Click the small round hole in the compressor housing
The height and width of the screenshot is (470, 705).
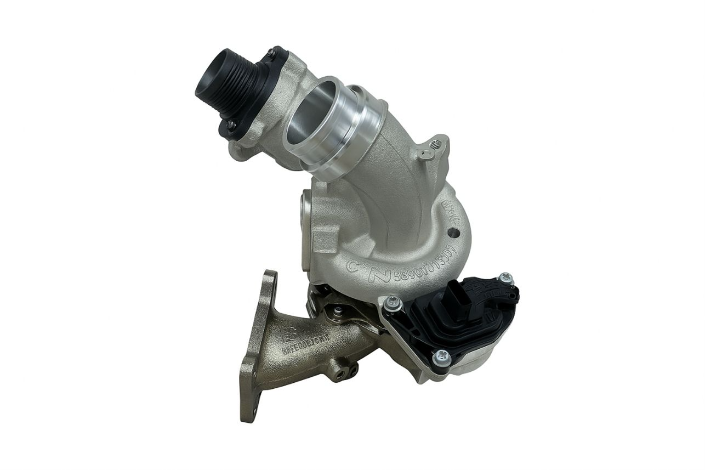(x=453, y=233)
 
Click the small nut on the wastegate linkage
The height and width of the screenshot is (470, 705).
(x=339, y=311)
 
